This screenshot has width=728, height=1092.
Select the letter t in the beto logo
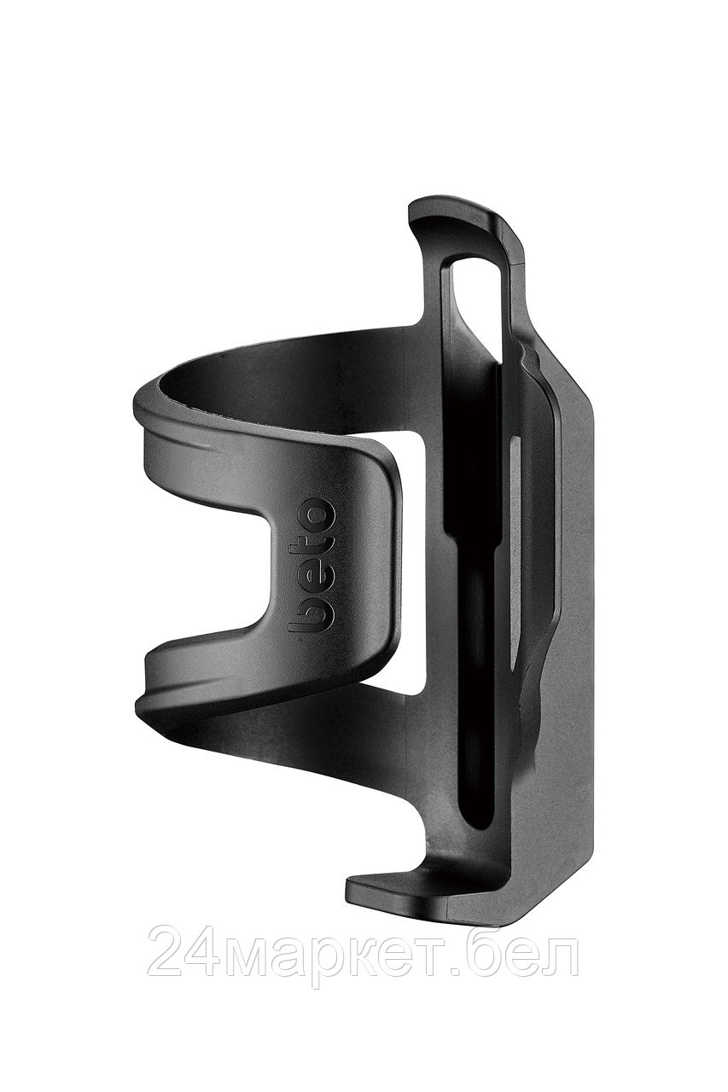coord(312,544)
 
